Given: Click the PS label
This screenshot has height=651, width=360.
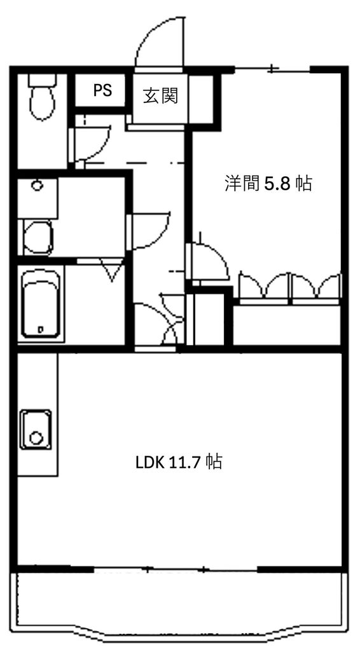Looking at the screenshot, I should click(102, 90).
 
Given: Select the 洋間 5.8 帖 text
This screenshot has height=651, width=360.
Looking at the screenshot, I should click(268, 184).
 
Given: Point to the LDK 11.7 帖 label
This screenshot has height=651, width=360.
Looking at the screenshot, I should click(178, 462).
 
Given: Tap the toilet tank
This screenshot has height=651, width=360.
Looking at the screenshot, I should click(43, 81).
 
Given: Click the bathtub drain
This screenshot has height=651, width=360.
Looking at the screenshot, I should click(41, 329).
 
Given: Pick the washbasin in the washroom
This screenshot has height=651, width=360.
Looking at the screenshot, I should click(38, 237).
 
